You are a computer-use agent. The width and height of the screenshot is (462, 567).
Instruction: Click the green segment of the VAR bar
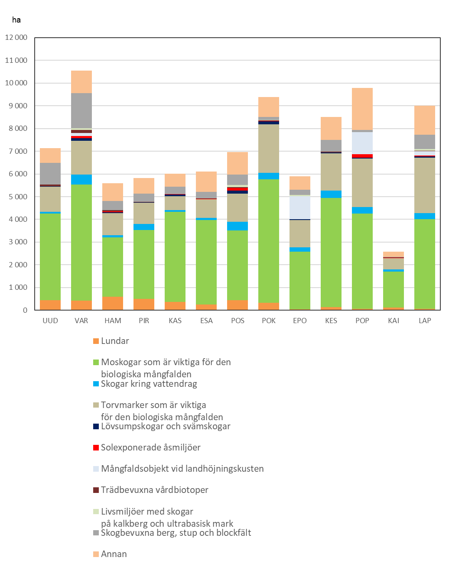coord(81,243)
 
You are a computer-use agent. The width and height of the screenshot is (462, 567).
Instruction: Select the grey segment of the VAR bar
coord(81,111)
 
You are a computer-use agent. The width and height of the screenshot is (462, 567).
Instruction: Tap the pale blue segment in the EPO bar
coord(300,207)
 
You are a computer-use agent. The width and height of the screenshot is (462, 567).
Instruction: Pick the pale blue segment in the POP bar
coord(362,143)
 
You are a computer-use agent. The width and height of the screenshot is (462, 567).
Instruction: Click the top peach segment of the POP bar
coord(362,109)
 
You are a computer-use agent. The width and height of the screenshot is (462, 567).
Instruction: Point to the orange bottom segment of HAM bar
coord(113,303)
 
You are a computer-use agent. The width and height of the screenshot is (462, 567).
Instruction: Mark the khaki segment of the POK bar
coord(269,149)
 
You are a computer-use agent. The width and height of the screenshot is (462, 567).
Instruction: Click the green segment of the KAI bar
coord(393,289)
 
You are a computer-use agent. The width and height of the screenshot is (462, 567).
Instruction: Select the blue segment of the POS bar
coord(238,226)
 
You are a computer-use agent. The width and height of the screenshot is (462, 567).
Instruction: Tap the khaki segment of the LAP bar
coord(425,185)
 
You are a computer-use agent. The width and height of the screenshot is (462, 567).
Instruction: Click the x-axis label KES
coord(331,321)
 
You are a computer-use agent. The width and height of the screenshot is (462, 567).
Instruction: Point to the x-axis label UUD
coord(50,321)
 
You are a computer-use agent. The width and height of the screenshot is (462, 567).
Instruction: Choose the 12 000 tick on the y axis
coord(16,37)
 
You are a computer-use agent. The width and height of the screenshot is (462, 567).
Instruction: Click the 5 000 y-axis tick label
coord(18,197)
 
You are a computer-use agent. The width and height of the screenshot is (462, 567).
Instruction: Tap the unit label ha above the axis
coord(16,20)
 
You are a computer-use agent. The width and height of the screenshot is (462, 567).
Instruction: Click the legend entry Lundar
coord(111,341)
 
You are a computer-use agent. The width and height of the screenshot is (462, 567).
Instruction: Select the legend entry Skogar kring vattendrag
coord(145,384)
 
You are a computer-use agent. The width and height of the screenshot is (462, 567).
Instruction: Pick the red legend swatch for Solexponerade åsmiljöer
coord(96,447)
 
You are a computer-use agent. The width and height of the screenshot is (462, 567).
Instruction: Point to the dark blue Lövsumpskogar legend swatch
coord(96,426)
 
